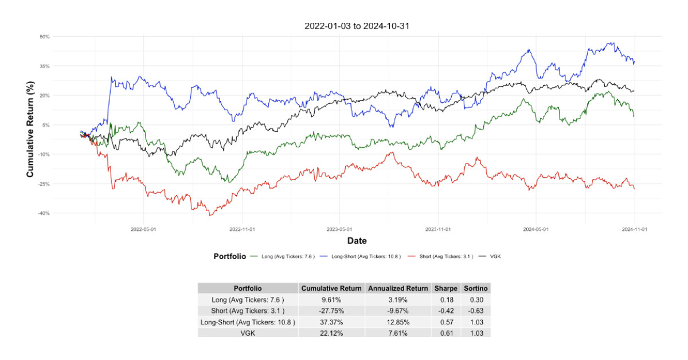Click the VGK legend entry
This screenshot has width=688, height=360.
click(496, 256)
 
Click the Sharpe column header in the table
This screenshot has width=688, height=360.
click(445, 288)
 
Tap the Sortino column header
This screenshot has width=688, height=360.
click(476, 288)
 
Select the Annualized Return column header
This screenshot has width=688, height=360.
click(397, 288)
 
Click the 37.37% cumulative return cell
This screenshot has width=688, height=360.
click(331, 322)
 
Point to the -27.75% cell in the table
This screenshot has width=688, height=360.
click(331, 311)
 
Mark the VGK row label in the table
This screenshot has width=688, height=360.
click(248, 332)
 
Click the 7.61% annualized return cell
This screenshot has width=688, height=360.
click(397, 332)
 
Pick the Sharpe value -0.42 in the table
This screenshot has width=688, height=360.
click(445, 311)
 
